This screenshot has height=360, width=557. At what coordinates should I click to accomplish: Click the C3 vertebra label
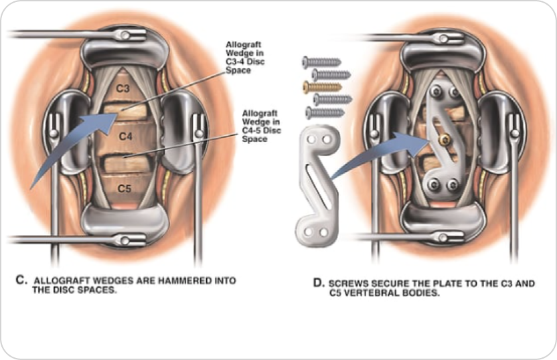123,88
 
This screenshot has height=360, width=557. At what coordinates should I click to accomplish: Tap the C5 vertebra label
125,189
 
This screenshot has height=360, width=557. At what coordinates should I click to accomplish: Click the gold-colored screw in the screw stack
323,86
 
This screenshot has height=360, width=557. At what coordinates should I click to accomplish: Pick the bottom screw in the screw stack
324,112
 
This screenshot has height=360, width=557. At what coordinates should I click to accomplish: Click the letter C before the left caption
20,280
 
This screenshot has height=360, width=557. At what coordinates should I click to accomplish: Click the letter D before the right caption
319,283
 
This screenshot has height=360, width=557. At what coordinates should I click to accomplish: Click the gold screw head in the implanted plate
443,139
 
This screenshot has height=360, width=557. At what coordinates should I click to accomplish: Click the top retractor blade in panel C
124,50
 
